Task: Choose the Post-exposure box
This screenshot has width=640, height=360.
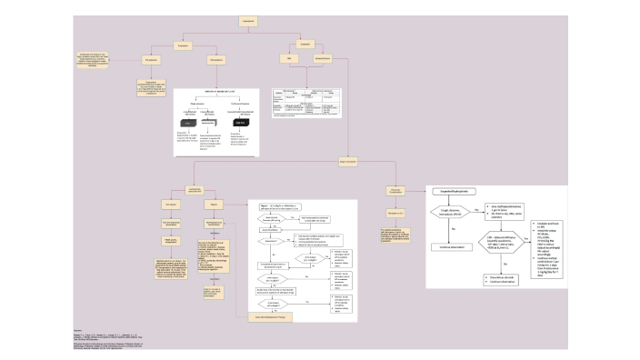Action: coord(216,60)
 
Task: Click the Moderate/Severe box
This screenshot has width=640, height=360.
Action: coord(322,58)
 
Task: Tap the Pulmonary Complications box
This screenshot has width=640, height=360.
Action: coord(385,190)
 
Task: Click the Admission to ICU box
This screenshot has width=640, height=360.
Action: coord(385,211)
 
